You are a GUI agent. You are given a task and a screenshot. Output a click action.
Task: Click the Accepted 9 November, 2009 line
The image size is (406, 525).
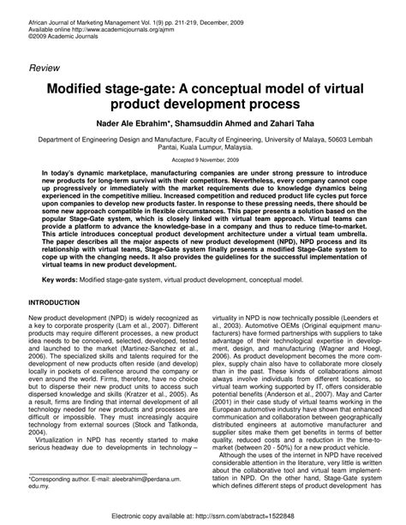202,160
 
